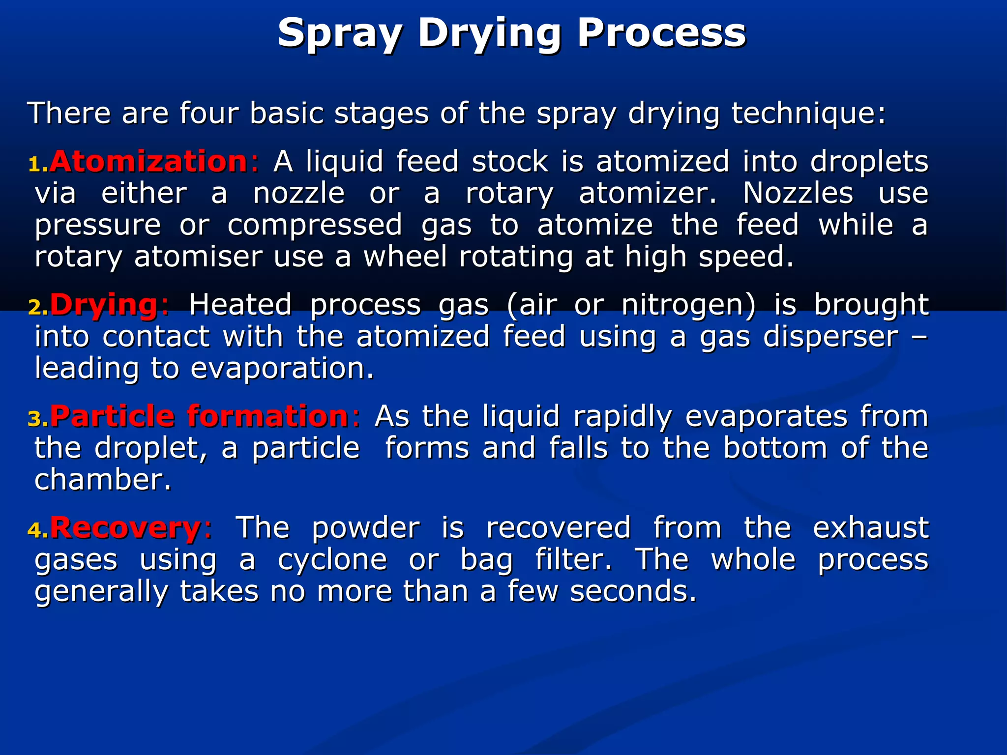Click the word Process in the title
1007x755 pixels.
[x=661, y=33]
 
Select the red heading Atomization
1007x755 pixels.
[x=148, y=161]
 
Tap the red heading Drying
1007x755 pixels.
[x=104, y=304]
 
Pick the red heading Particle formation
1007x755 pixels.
[x=200, y=416]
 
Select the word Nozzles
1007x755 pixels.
[x=798, y=193]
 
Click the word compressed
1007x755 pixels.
[x=315, y=225]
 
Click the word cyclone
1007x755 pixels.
[x=332, y=560]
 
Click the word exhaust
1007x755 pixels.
[x=870, y=528]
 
